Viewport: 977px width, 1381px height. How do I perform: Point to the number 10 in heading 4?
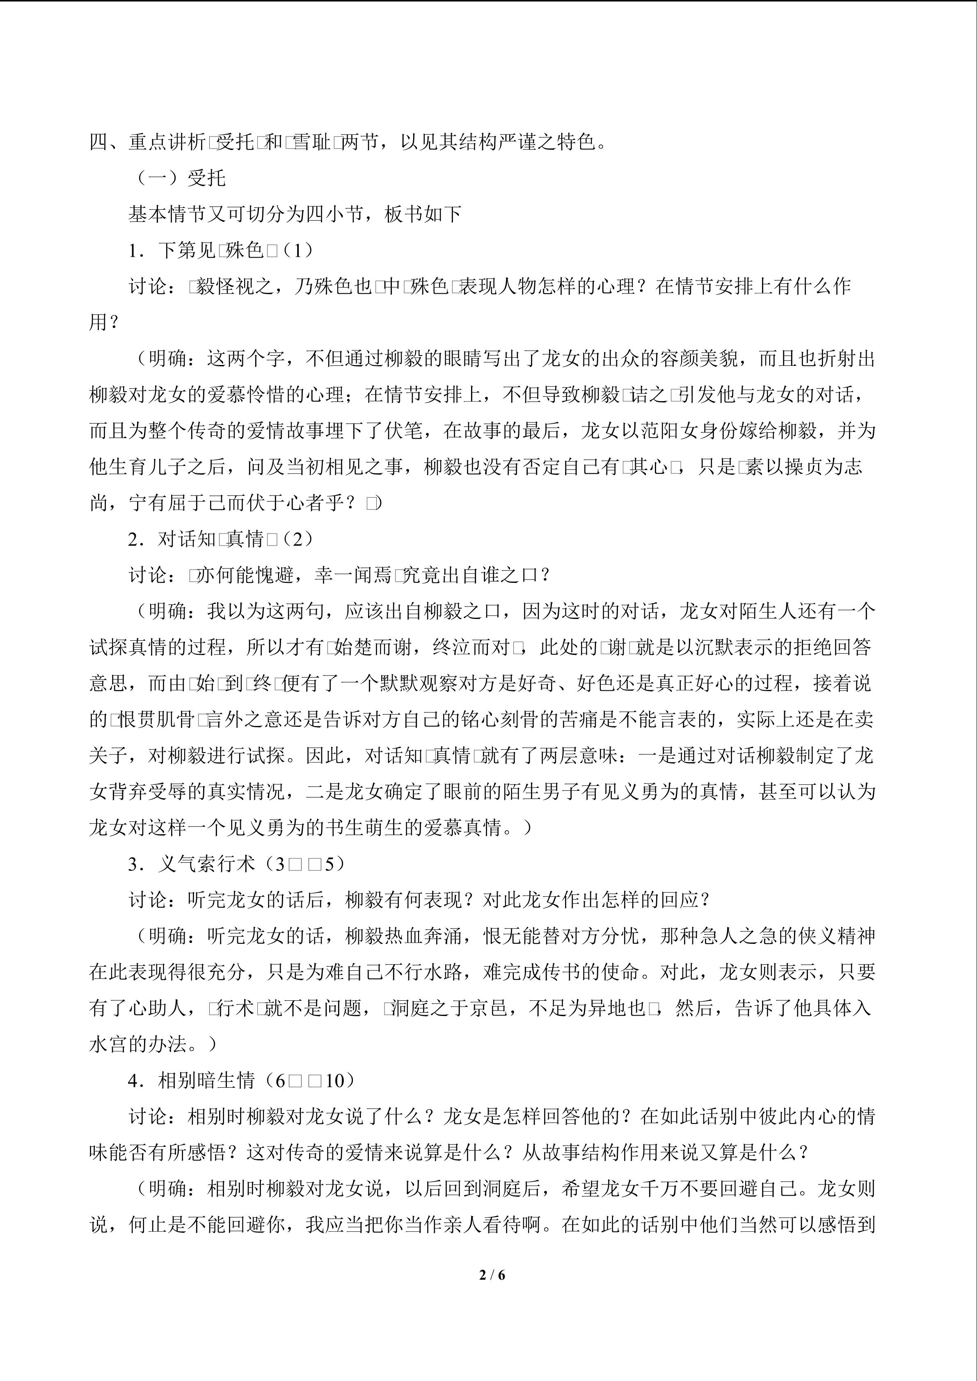coord(334,1080)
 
